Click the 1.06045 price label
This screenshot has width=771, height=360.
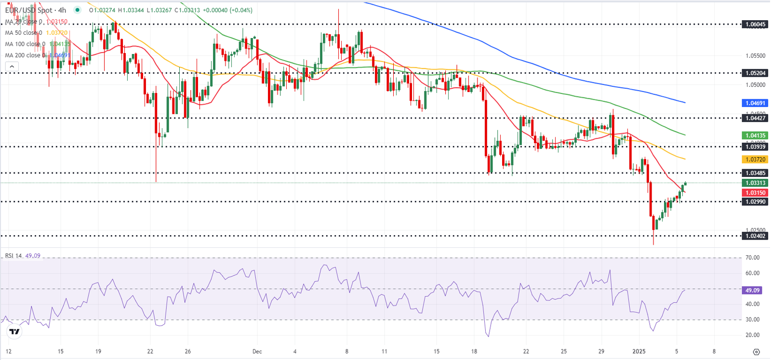point(755,24)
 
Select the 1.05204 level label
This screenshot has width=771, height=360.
point(755,73)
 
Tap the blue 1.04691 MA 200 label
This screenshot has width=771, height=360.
point(755,103)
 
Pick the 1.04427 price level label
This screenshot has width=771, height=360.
point(755,118)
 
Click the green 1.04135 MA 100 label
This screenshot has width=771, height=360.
point(755,136)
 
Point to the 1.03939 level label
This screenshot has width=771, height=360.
point(755,147)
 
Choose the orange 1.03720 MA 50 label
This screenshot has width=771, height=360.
point(755,160)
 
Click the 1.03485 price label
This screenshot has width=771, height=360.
point(755,173)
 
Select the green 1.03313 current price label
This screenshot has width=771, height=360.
point(755,183)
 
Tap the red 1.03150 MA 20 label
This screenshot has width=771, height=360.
point(755,193)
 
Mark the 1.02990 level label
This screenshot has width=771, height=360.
point(755,202)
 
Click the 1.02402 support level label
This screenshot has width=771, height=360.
point(755,236)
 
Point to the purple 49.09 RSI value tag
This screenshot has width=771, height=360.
point(752,291)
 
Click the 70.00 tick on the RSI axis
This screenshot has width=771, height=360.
point(752,258)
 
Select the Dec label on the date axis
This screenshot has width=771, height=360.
point(257,351)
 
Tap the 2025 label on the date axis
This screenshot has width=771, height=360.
point(639,351)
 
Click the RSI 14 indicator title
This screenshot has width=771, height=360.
point(13,255)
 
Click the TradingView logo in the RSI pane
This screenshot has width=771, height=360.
point(14,332)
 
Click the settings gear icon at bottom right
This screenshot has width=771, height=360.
point(756,352)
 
